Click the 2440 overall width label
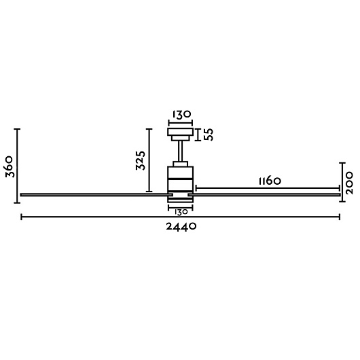[x=181, y=227]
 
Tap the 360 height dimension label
[x=10, y=166]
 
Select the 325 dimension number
[x=141, y=160]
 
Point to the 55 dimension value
[x=209, y=134]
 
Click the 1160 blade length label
[x=270, y=181]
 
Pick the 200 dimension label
[x=348, y=183]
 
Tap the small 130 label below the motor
[x=181, y=212]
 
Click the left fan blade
[x=96, y=195]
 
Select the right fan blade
[x=264, y=195]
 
